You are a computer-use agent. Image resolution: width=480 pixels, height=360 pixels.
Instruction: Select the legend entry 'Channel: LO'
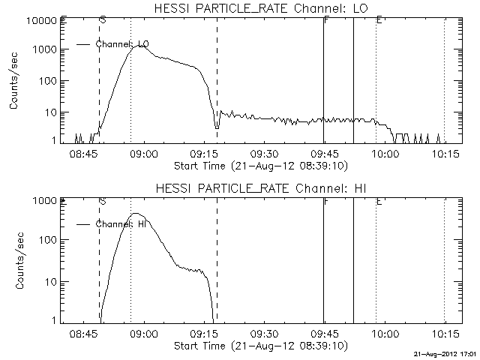pos(121,44)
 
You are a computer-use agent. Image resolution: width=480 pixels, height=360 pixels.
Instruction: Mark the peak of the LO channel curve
pos(140,46)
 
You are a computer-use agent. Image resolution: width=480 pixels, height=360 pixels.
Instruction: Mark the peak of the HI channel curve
pos(137,214)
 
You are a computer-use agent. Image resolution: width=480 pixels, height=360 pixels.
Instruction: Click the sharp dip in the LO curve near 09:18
pos(217,128)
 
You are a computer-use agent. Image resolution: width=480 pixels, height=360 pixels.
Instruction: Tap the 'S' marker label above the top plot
pos(102,19)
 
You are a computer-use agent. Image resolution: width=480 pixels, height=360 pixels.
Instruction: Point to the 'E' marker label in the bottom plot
pos(379,201)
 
